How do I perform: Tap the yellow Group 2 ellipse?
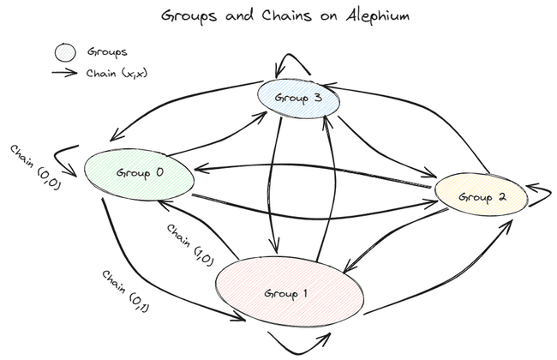pyautogui.click(x=480, y=196)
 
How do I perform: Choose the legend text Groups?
pyautogui.click(x=107, y=52)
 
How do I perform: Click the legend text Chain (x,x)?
pyautogui.click(x=117, y=73)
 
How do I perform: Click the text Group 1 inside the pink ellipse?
pyautogui.click(x=288, y=294)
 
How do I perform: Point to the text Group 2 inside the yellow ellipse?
pyautogui.click(x=481, y=197)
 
